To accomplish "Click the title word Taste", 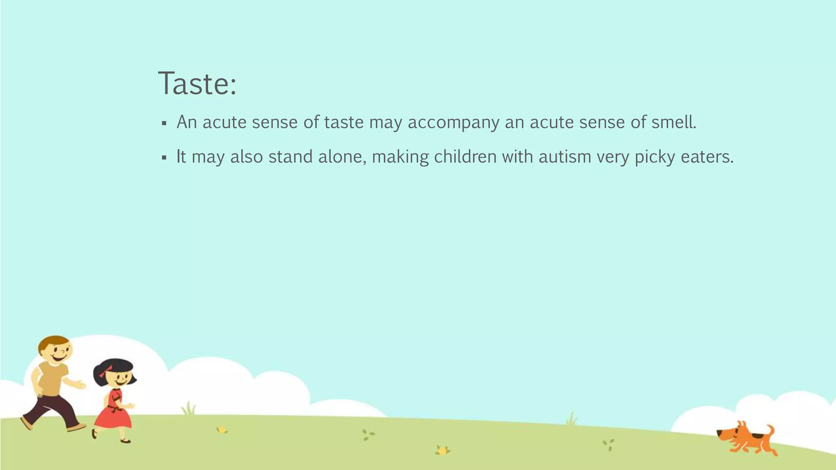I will [196, 84].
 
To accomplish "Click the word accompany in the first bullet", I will [453, 122].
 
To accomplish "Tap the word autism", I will [565, 157].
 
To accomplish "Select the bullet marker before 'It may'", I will [164, 157].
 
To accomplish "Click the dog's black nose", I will [719, 432].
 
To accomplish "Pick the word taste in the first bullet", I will [343, 122].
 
